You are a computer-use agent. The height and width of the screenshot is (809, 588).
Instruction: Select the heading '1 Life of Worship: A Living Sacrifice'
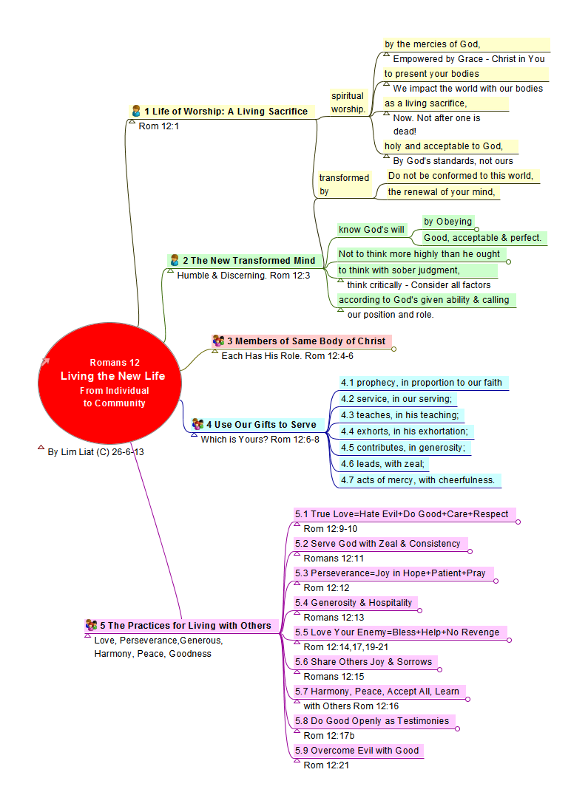pos(226,112)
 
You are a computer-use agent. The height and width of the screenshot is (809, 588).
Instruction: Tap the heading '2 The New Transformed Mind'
pos(249,260)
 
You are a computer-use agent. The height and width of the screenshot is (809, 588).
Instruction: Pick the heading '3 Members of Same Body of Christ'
pos(305,341)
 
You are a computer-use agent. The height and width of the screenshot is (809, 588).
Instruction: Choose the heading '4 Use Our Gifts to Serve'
pos(261,424)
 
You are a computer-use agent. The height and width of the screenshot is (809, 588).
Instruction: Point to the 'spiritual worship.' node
pos(348,102)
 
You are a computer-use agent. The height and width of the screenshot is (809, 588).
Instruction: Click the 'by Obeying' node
pos(447,221)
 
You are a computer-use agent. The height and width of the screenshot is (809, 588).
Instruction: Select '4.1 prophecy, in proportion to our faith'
pos(422,383)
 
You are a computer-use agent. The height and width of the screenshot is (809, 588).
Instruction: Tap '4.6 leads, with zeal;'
pos(384,464)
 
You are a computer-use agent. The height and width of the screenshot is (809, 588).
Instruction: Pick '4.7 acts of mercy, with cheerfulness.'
pos(418,480)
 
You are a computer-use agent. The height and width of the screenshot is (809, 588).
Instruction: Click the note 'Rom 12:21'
pos(326,765)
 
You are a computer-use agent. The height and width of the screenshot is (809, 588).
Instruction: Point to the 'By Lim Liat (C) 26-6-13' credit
pos(95,451)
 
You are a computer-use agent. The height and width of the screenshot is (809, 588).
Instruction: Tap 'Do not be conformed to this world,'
pos(461,176)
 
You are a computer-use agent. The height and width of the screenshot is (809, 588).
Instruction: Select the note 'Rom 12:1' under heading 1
pos(158,126)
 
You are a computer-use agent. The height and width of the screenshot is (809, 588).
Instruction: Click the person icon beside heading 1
pos(136,111)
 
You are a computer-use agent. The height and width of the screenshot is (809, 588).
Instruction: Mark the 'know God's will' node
pos(371,229)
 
